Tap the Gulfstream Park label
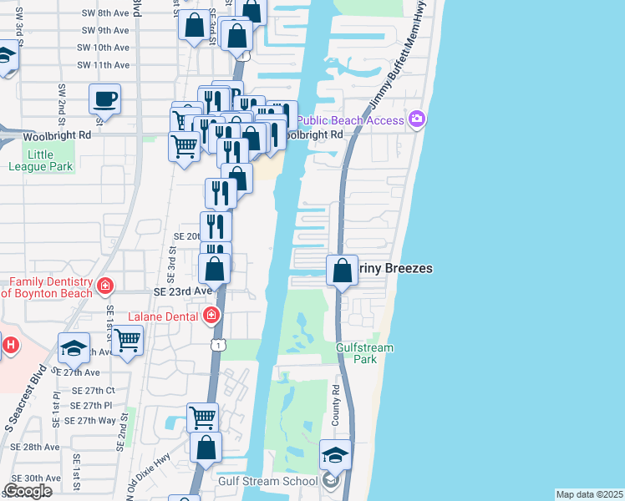357,353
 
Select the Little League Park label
40,160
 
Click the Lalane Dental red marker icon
211,316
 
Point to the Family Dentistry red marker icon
105,286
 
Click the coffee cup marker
104,99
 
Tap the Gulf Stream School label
267,482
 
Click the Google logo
28,492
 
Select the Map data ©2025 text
589,494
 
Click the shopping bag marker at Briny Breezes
342,271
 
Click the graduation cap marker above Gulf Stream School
335,456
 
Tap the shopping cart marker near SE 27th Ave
127,341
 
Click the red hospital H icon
10,344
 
